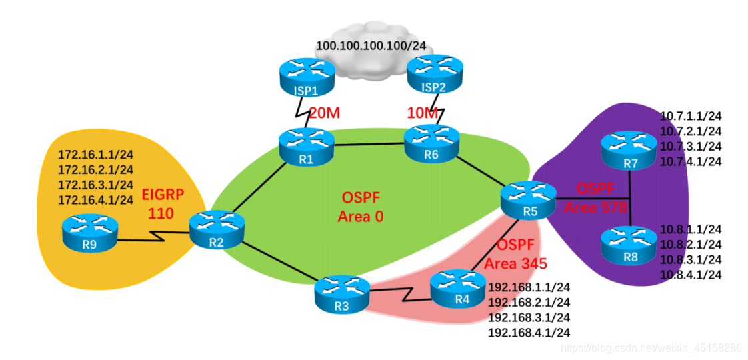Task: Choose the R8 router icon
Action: (628, 247)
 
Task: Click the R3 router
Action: (342, 295)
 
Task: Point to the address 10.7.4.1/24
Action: (690, 161)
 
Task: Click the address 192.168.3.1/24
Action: (529, 317)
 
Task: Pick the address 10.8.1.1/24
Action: (690, 229)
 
